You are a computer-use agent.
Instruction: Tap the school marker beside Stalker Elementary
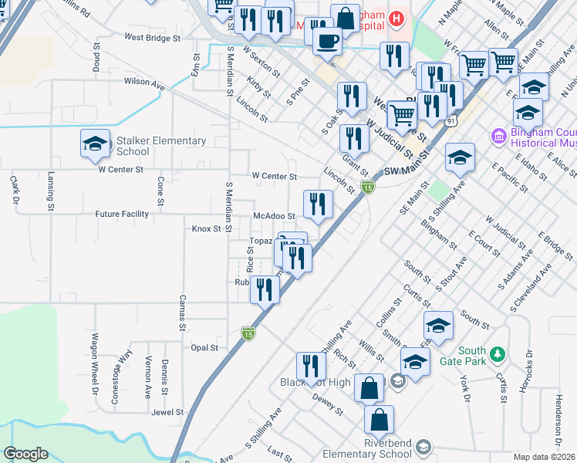coord(95,144)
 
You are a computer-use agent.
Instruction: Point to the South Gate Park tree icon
coord(498,354)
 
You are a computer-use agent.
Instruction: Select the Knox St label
coord(206,229)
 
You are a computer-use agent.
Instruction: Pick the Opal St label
coord(204,348)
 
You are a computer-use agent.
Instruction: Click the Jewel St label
coord(167,412)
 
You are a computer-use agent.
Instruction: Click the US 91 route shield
coord(450,121)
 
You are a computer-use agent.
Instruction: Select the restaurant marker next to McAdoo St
coord(317,204)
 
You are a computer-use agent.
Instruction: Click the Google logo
coord(25,454)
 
